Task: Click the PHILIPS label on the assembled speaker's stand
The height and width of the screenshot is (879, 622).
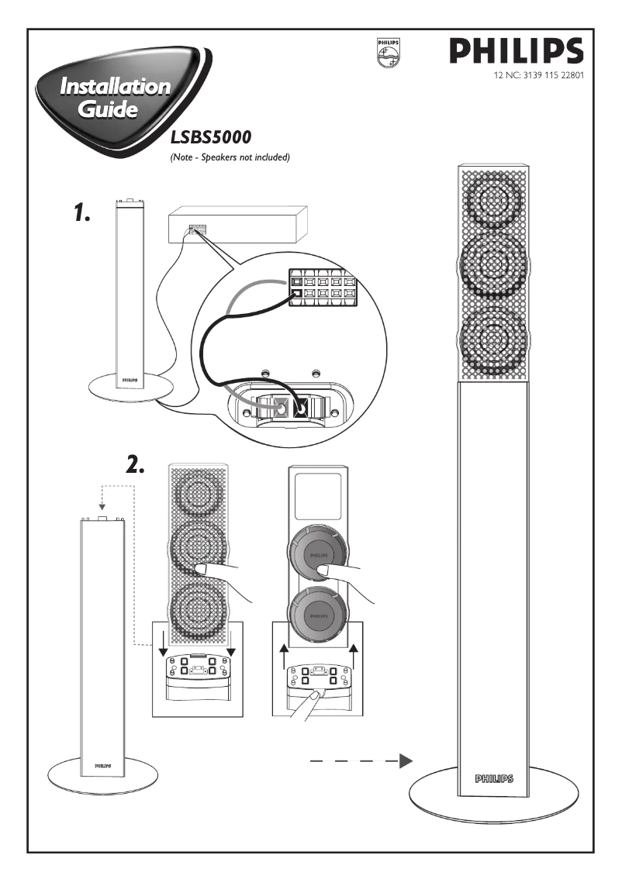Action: click(x=494, y=777)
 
